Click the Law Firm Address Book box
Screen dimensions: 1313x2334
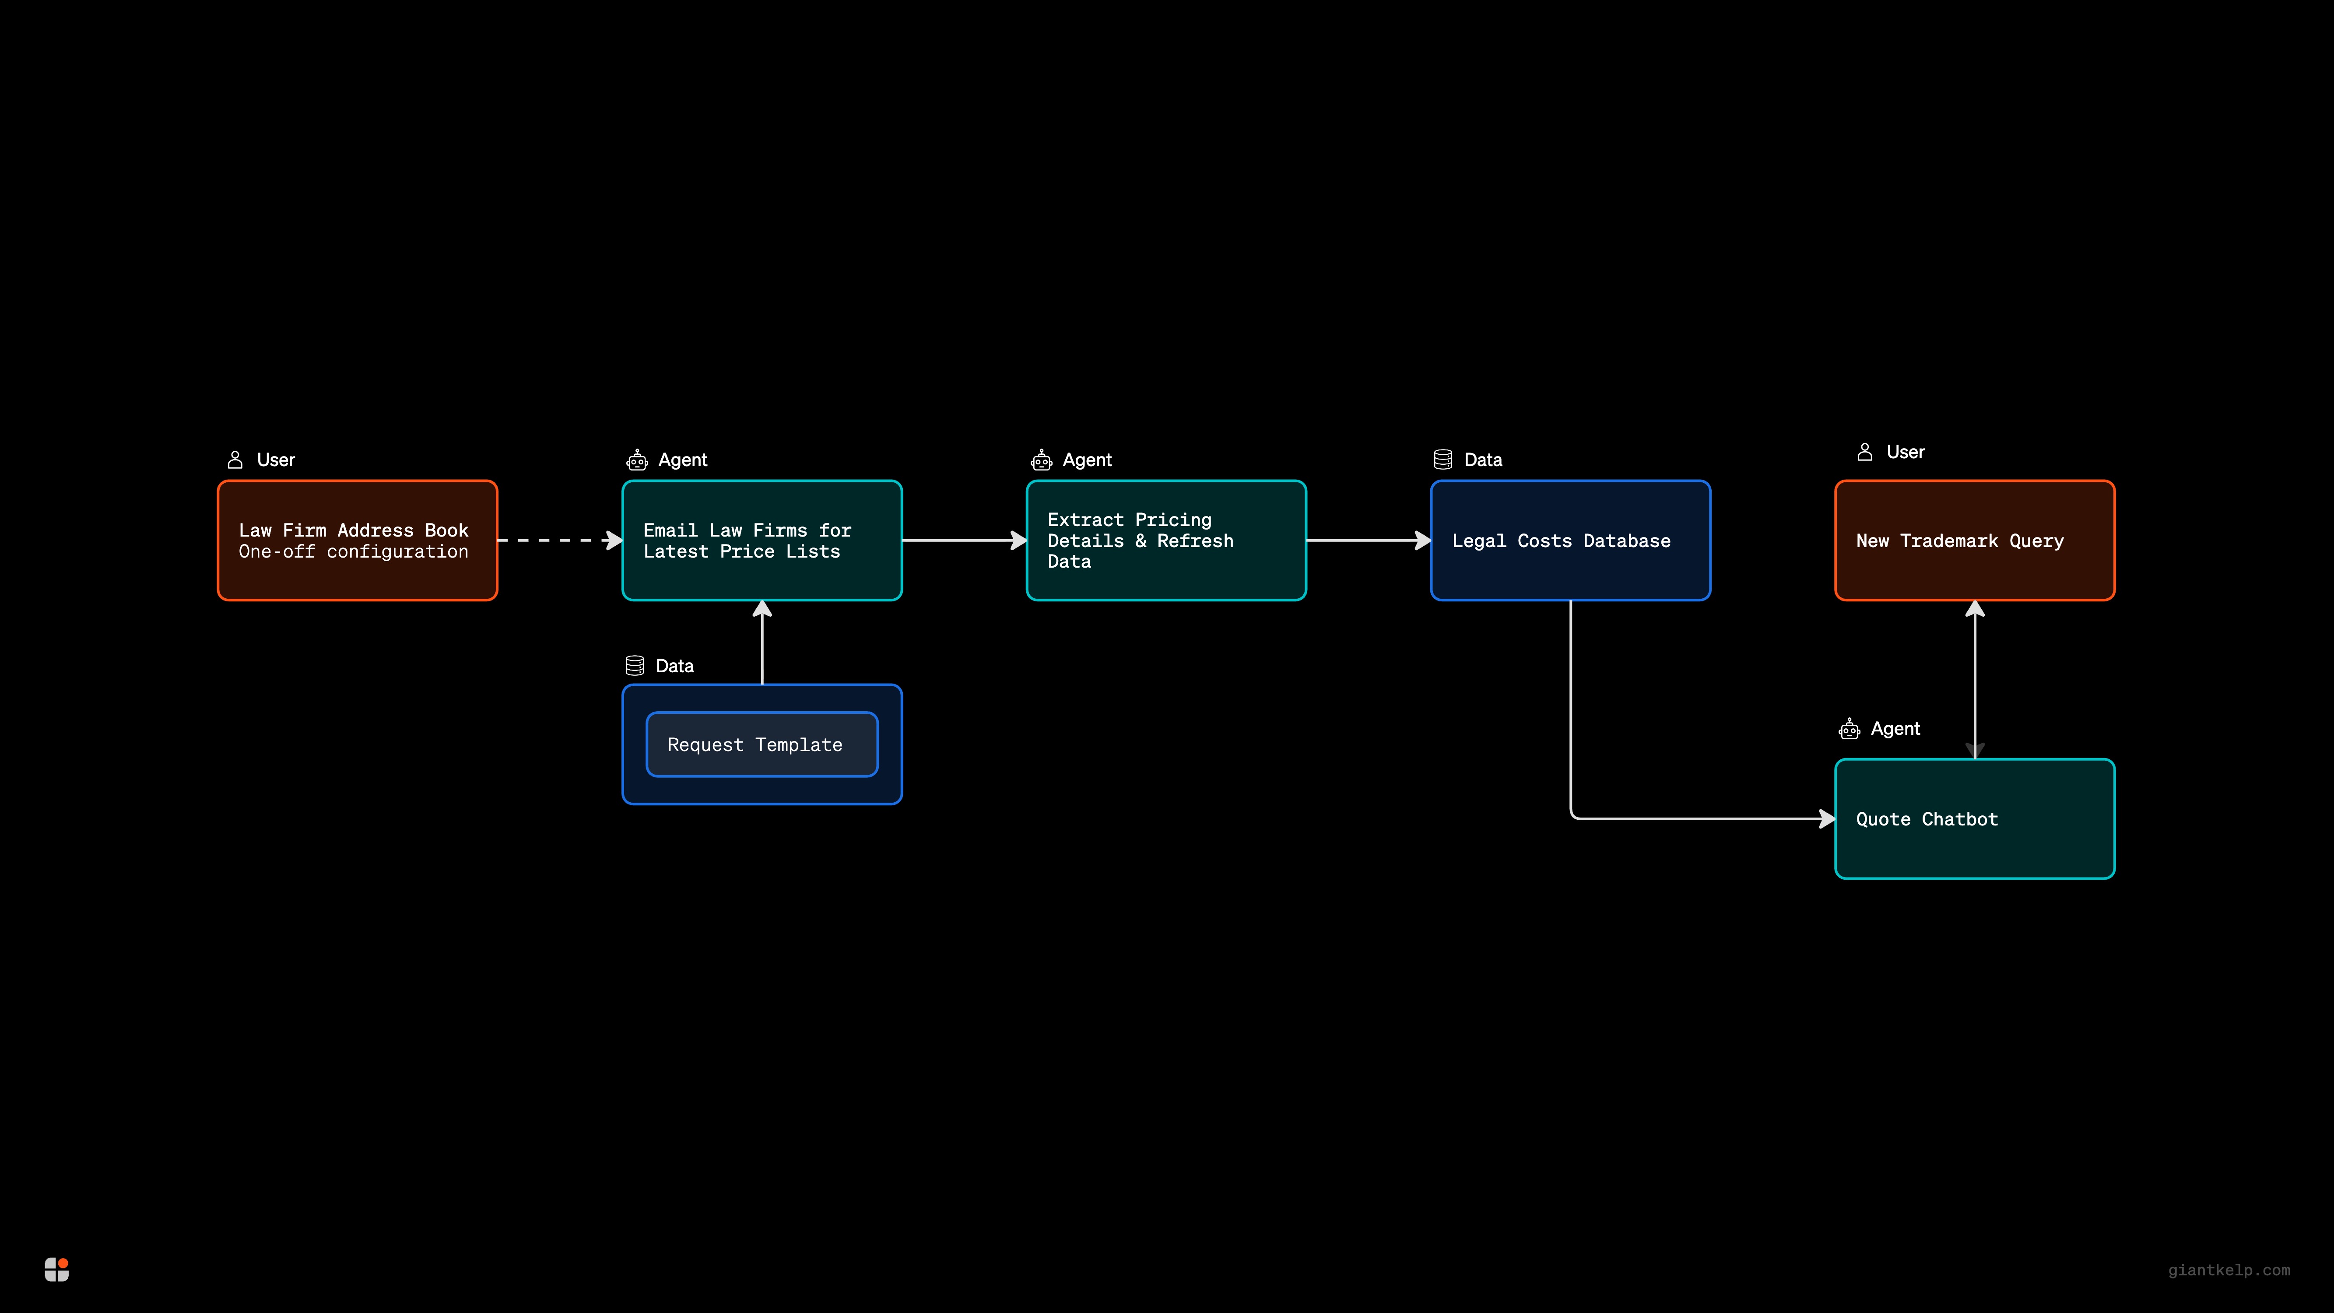[x=357, y=540]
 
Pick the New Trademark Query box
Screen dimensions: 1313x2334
[x=1974, y=540]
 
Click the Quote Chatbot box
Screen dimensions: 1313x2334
[x=1974, y=818]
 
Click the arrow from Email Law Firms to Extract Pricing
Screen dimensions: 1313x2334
[x=963, y=540]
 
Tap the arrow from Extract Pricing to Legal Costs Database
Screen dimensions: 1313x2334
[x=1367, y=540]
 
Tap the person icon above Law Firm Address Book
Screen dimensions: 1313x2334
[x=235, y=460]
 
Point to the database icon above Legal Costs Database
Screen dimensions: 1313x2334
[x=1443, y=460]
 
